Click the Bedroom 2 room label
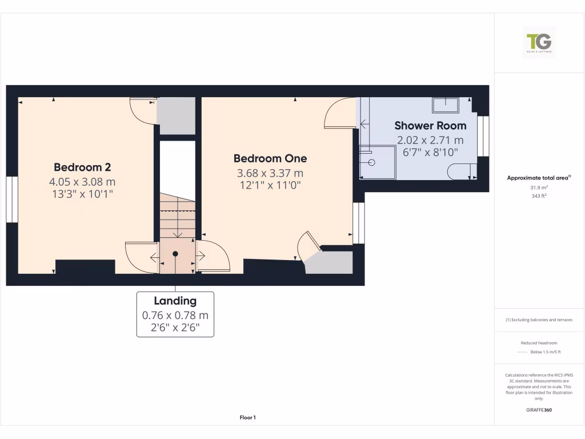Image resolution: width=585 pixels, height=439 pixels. click(x=82, y=167)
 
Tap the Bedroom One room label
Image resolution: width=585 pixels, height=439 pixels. click(x=270, y=158)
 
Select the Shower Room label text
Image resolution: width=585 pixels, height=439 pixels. click(x=430, y=125)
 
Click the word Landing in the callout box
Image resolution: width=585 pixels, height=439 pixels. click(x=175, y=301)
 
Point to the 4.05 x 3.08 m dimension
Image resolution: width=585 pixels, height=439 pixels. click(x=82, y=182)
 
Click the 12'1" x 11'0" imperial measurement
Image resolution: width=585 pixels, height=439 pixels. click(x=270, y=185)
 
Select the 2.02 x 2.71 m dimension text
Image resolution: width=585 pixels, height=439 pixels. click(x=430, y=140)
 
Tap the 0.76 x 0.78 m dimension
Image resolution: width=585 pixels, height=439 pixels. click(x=175, y=315)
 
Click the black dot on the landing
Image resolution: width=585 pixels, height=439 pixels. click(x=175, y=253)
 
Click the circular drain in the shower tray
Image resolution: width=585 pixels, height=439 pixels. click(x=372, y=162)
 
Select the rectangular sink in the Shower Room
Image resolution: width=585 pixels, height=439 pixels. click(x=446, y=105)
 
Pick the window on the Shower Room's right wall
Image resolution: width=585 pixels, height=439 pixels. click(x=483, y=136)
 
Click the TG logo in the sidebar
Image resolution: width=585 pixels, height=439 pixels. click(x=539, y=42)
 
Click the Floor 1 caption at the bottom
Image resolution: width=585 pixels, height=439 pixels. click(x=247, y=418)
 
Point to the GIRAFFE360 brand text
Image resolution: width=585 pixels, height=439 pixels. click(x=539, y=410)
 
